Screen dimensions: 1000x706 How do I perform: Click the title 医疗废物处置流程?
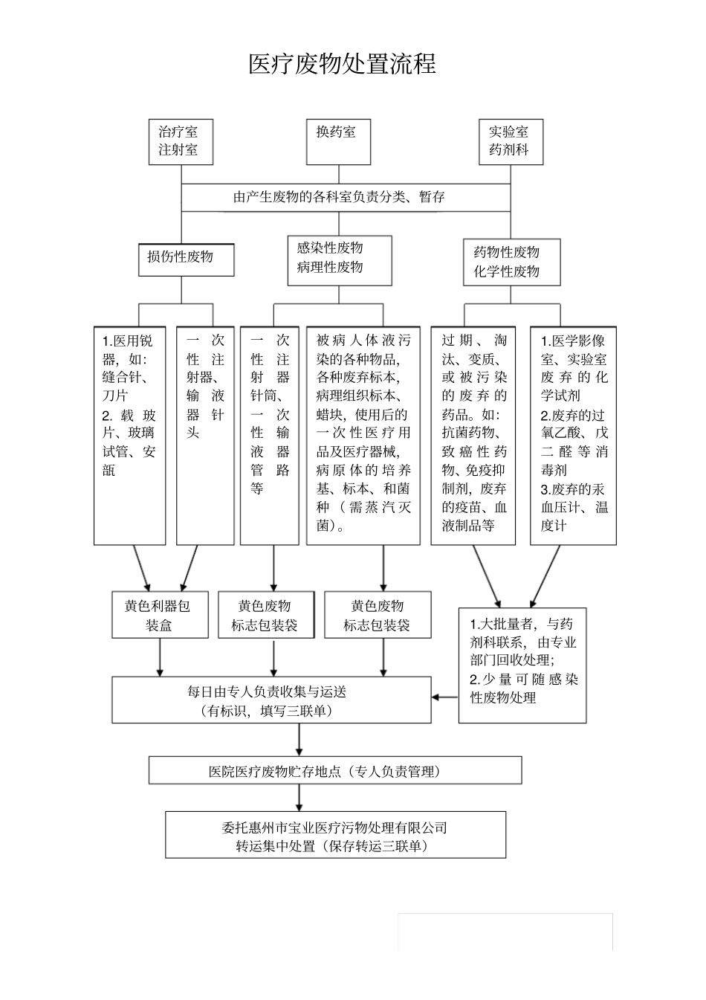pos(342,64)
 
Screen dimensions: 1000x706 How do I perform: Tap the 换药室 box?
pos(338,141)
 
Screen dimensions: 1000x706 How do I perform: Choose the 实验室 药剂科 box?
pos(510,141)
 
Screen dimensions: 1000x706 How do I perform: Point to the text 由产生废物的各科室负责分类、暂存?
pos(339,197)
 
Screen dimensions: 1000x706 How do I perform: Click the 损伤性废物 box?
pos(186,259)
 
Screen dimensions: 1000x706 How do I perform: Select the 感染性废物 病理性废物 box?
pos(339,260)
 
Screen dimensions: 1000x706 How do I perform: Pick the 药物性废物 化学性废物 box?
pos(511,262)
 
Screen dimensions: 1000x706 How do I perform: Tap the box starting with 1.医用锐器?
pos(129,435)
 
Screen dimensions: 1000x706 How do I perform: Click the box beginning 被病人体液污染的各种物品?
pos(363,435)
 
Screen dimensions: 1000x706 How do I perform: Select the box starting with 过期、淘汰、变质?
pos(473,435)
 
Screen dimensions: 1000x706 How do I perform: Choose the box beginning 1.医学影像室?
pos(573,435)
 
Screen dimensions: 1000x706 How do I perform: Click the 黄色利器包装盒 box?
pos(160,615)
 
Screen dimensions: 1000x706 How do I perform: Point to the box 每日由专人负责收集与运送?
pos(271,700)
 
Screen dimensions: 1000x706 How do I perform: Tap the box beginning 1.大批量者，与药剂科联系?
pos(522,664)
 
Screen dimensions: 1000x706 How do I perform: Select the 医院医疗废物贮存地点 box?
pos(335,770)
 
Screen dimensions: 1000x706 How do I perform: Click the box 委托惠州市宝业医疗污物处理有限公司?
pos(335,835)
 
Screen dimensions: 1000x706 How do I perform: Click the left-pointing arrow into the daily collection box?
pos(445,697)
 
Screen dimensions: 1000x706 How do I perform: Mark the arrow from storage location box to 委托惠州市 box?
pos(299,797)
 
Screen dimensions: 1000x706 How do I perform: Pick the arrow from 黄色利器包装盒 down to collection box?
pos(160,657)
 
